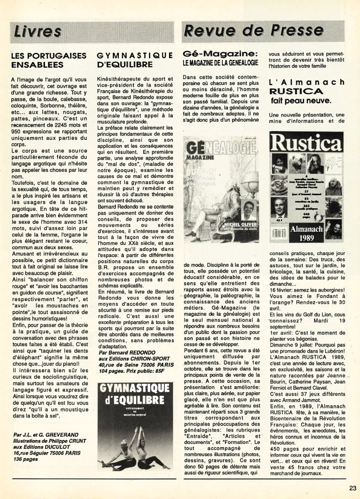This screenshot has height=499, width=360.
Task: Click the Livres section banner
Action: tap(37, 31)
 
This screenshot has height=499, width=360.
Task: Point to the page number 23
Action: tap(353, 488)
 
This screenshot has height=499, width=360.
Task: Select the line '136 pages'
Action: tap(26, 459)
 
